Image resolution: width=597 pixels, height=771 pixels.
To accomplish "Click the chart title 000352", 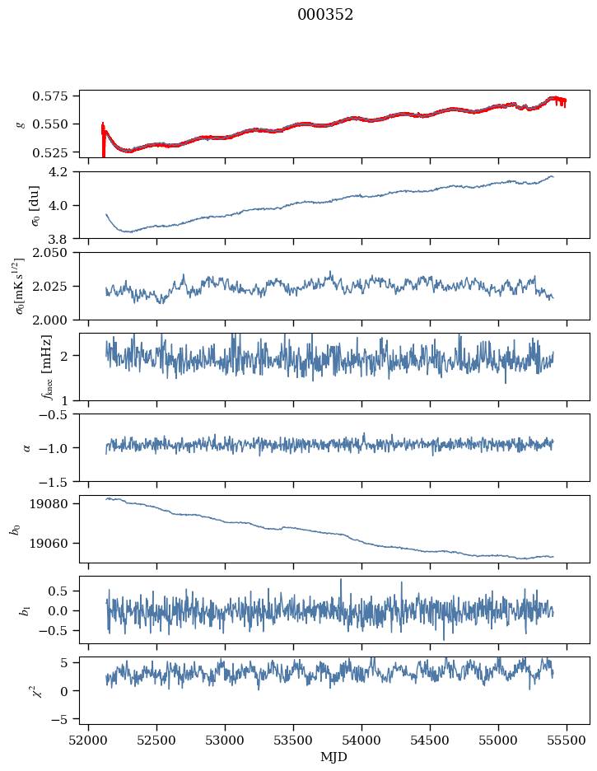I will (x=325, y=15).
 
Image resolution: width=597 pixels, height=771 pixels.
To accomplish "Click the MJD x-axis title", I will (x=334, y=756).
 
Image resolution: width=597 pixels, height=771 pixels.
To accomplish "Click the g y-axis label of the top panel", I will (x=21, y=124).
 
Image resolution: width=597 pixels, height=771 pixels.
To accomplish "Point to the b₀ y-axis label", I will (x=15, y=529).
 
